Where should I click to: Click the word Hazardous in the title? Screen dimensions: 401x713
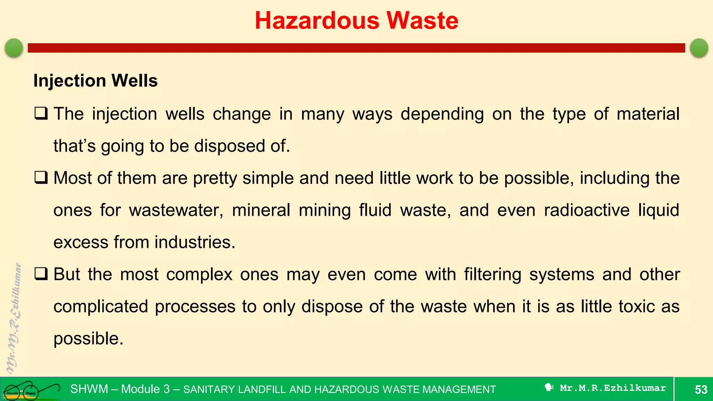(x=317, y=21)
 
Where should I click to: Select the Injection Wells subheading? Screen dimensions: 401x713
(x=95, y=81)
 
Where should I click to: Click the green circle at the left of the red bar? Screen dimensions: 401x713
(x=14, y=48)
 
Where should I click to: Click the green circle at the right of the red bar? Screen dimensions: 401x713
(x=699, y=48)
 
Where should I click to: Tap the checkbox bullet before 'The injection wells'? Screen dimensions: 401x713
(x=41, y=113)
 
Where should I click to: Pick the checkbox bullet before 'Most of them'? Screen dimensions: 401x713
(x=41, y=178)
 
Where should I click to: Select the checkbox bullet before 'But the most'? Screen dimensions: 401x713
(x=41, y=274)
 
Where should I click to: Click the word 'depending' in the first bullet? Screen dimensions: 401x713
(x=442, y=114)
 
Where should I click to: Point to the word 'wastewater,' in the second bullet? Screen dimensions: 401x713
(x=176, y=210)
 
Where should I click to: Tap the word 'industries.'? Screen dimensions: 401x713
(x=195, y=242)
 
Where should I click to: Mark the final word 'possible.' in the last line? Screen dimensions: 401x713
(x=88, y=339)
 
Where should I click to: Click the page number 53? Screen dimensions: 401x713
(x=701, y=389)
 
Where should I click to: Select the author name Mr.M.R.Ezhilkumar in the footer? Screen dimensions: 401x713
(x=612, y=388)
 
